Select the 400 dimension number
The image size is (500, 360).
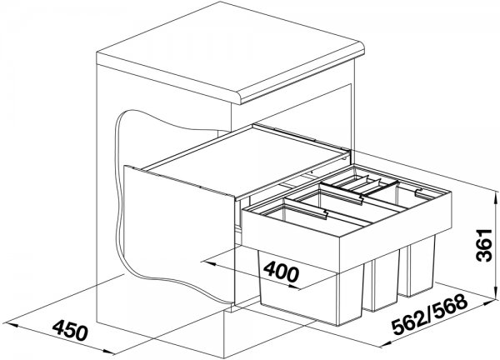click(282, 272)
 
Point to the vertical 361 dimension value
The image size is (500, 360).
click(484, 245)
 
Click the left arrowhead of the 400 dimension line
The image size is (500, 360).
click(209, 263)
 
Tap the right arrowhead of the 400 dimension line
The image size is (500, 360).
click(292, 287)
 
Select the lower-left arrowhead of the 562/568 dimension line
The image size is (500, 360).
click(384, 344)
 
